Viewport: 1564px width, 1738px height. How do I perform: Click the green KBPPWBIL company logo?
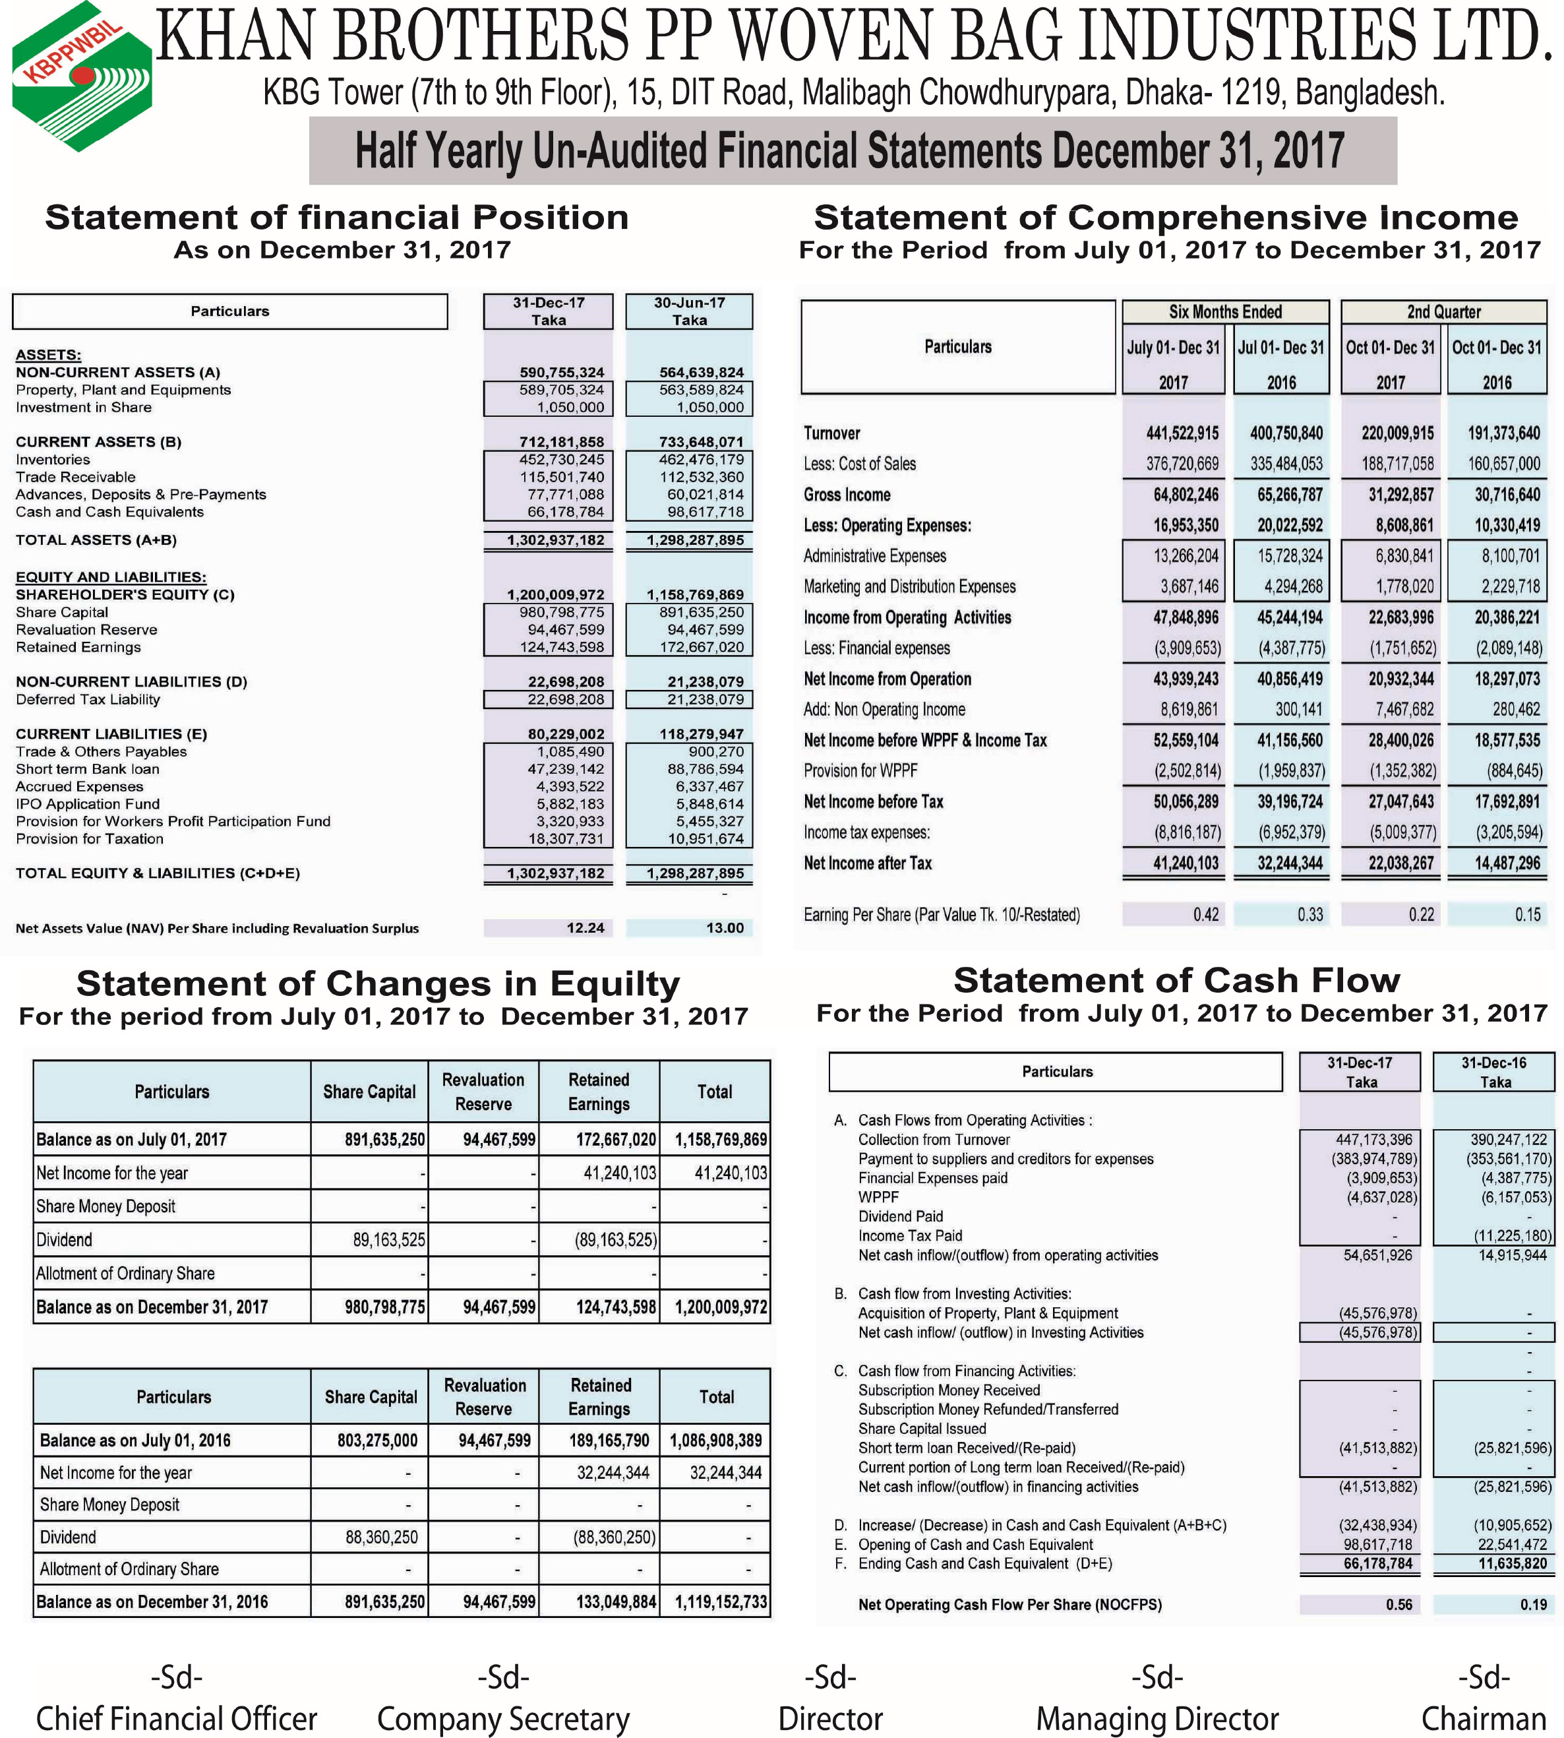82,77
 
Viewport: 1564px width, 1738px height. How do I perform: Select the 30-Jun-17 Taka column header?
689,311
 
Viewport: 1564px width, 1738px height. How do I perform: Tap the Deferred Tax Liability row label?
88,698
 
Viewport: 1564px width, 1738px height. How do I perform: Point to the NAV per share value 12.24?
586,927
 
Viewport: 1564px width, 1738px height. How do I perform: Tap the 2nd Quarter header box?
1444,311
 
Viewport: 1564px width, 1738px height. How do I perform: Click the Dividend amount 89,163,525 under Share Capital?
388,1239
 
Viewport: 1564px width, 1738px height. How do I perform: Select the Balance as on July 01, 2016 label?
135,1440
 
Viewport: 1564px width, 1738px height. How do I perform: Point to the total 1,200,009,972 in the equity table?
721,1307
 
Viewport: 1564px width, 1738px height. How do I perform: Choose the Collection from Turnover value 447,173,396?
1374,1139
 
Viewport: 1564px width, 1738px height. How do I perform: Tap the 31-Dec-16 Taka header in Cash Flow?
1494,1072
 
